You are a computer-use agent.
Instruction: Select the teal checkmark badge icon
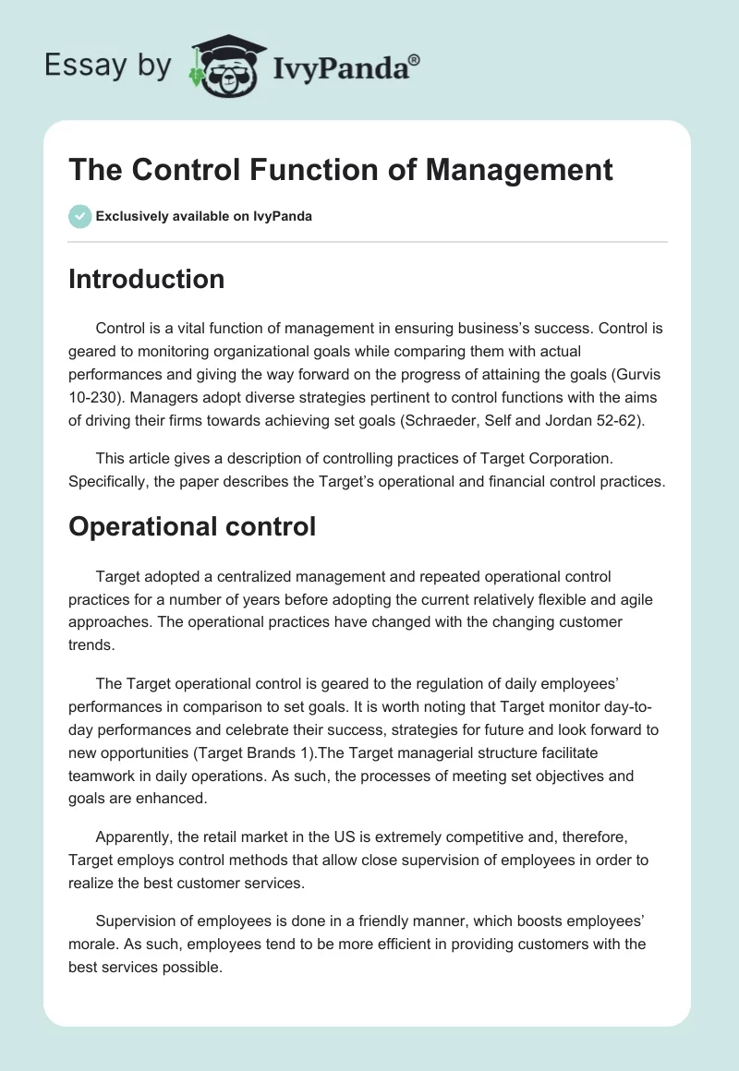coord(79,217)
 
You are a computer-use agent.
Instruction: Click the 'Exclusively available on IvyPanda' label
coord(204,217)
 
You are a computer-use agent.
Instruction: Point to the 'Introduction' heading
coord(146,279)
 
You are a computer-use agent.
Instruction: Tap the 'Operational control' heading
coord(192,526)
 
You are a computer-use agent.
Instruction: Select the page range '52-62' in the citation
coord(600,416)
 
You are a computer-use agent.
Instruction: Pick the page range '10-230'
coord(97,394)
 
